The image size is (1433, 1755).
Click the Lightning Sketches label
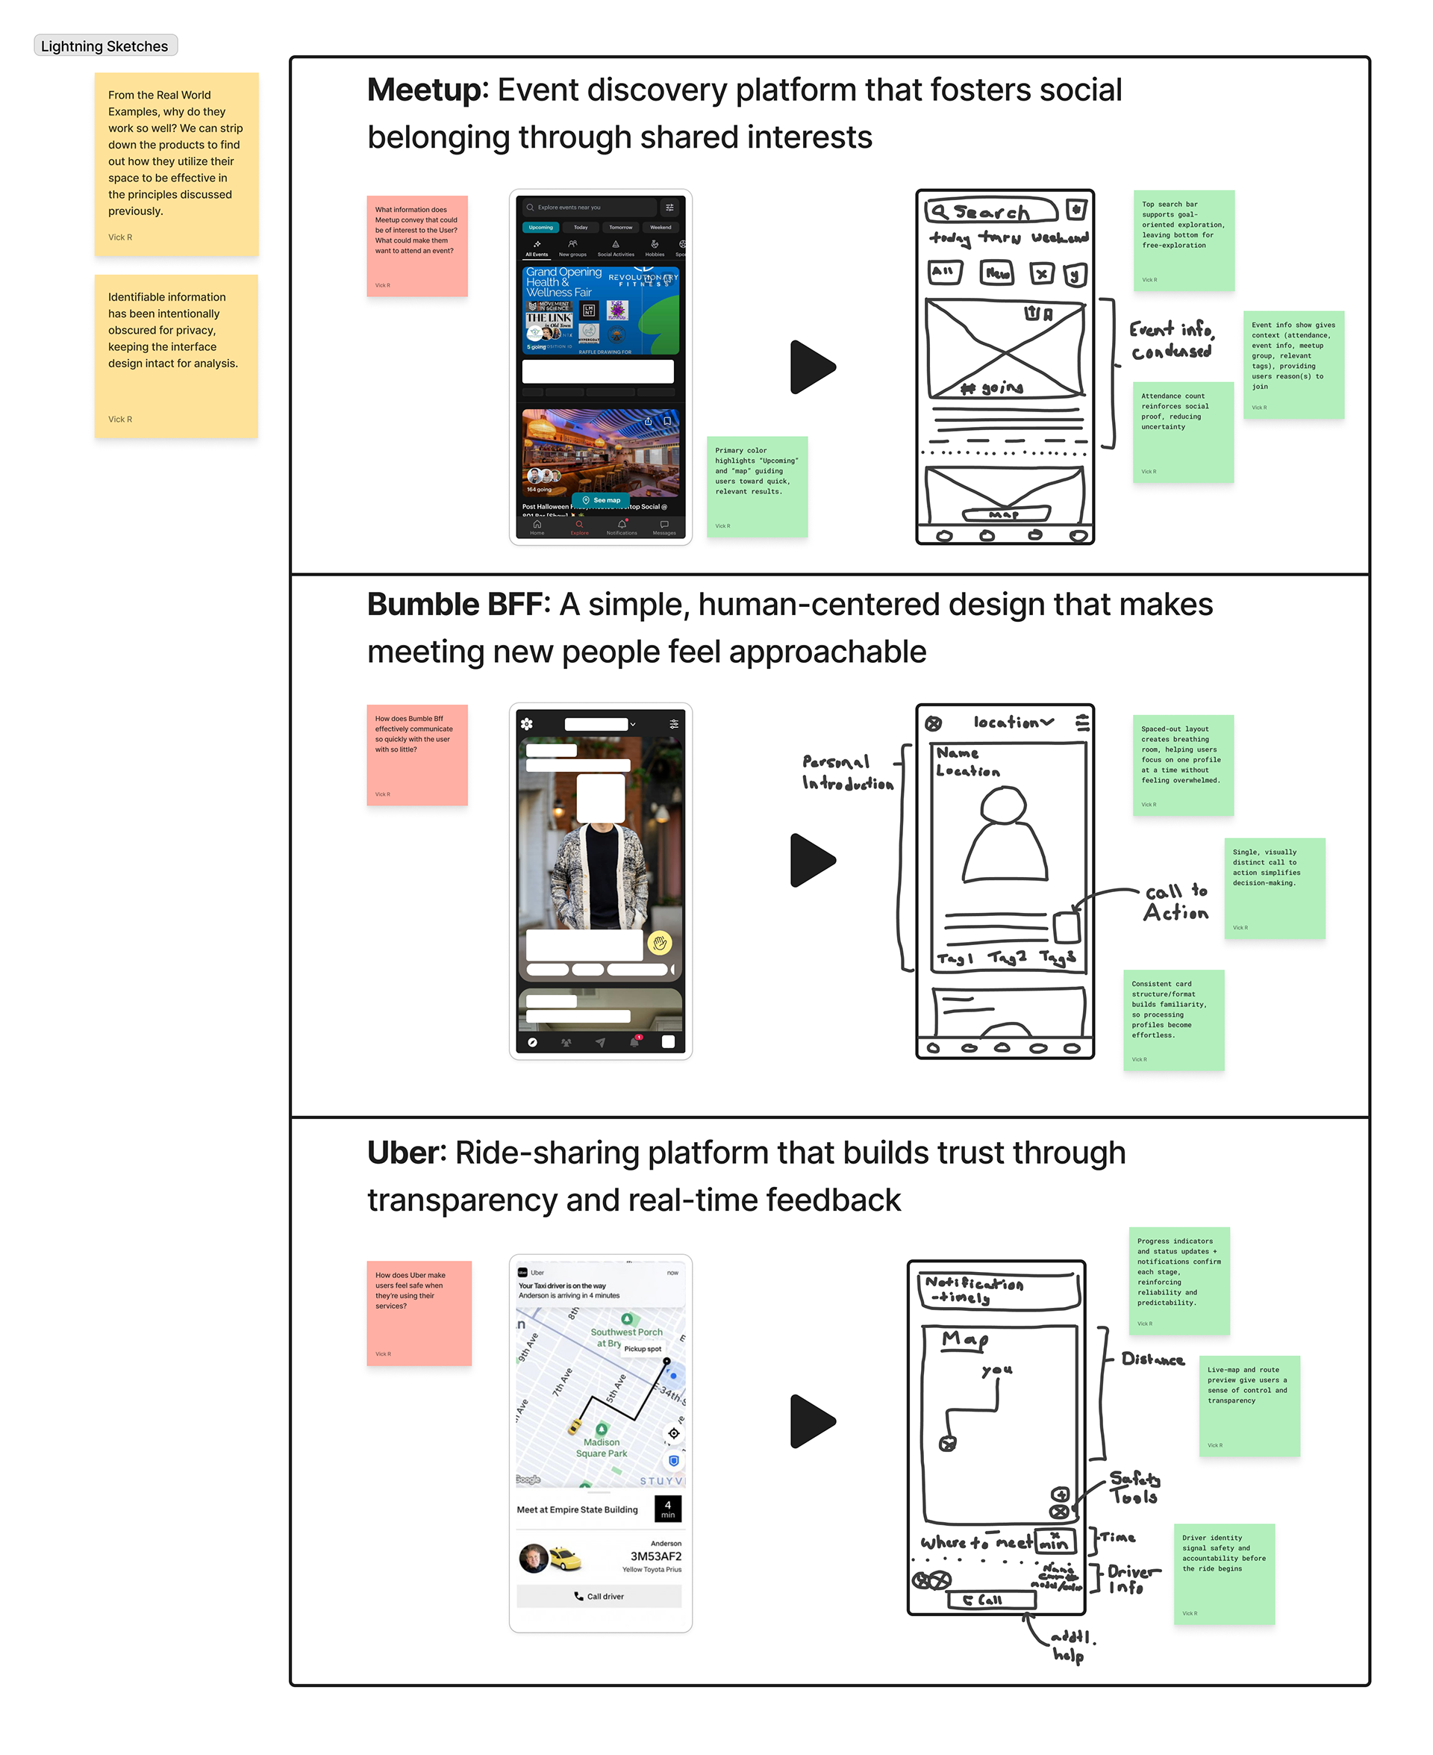click(x=104, y=46)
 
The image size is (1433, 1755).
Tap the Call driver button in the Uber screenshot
click(x=599, y=1596)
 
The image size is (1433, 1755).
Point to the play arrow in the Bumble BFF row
click(x=812, y=860)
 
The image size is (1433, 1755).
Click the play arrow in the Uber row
click(x=812, y=1421)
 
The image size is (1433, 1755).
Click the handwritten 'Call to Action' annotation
click(x=1176, y=903)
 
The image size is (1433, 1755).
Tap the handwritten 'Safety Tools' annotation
click(x=1134, y=1487)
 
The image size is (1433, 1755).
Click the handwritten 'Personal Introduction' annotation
click(x=847, y=773)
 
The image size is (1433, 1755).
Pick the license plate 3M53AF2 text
click(x=655, y=1556)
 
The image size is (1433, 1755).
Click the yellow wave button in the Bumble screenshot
click(x=660, y=943)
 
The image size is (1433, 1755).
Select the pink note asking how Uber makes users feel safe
click(x=419, y=1312)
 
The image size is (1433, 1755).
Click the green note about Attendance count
click(x=1183, y=431)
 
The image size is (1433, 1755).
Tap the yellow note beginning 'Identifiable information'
click(x=176, y=356)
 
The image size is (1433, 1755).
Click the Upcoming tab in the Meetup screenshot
click(x=540, y=227)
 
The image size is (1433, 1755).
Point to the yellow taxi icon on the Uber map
click(x=574, y=1427)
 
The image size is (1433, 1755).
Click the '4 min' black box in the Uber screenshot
click(x=668, y=1509)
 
